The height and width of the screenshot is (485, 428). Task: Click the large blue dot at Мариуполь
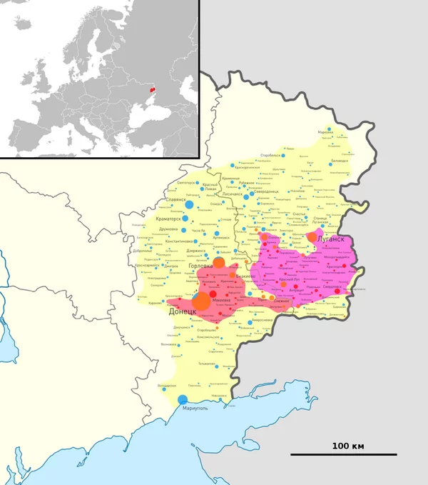182,399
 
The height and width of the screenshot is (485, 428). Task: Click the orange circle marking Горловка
220,263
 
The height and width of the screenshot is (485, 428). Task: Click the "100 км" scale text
347,446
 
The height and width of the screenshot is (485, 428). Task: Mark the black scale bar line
343,454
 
